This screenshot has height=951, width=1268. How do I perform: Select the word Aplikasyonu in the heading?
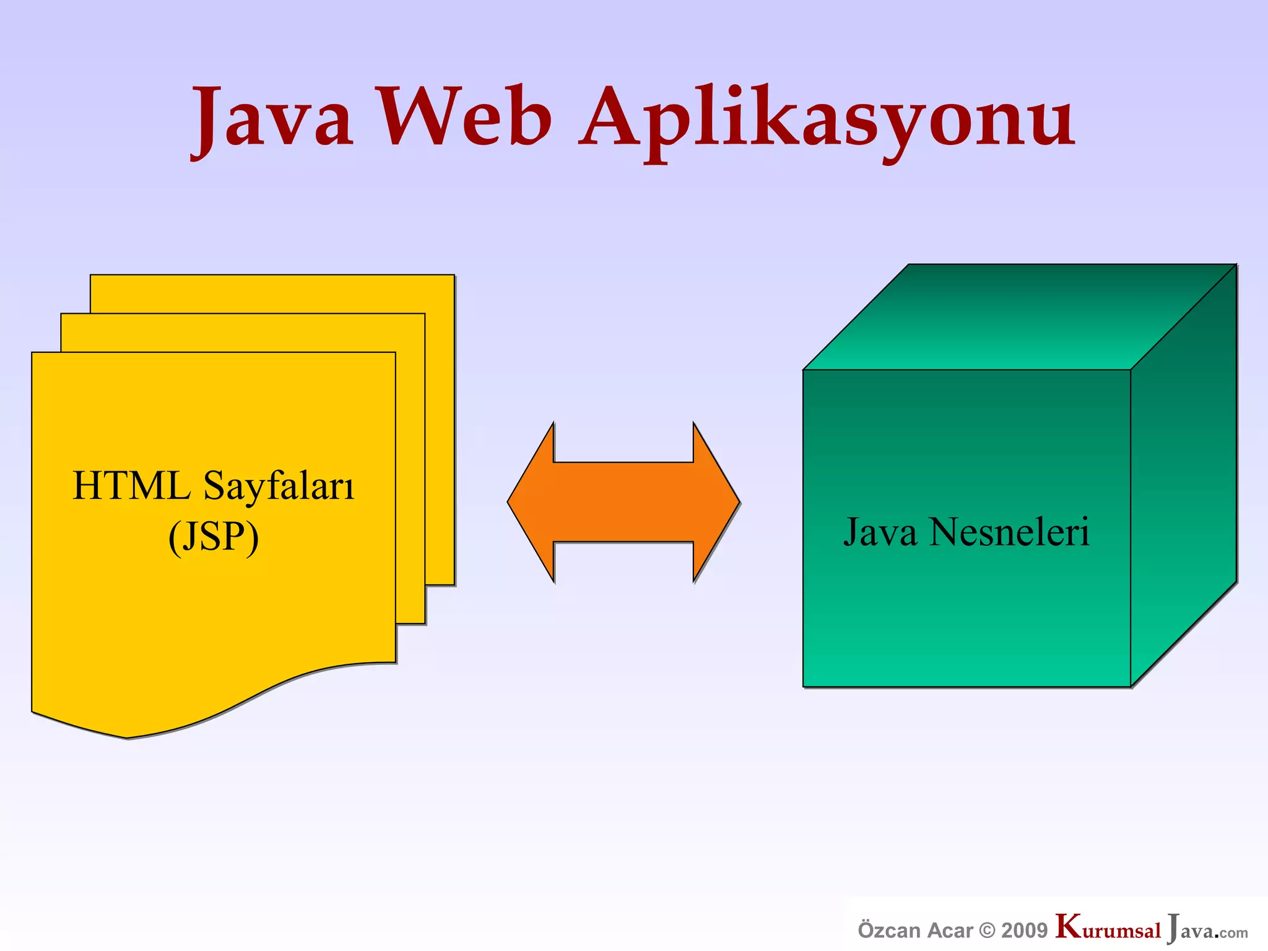coord(827,121)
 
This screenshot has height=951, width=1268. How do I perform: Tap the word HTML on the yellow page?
coord(131,486)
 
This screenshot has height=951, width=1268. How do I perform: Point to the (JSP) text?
coord(214,537)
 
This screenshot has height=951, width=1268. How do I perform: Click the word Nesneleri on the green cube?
coord(1009,532)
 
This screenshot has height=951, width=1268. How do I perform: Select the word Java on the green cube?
coord(880,532)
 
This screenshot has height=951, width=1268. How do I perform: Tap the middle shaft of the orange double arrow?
coord(623,502)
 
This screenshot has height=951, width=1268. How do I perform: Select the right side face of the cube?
coord(1183,477)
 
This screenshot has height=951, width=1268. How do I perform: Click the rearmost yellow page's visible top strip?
coord(272,294)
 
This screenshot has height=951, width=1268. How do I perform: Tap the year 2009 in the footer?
coord(1024,931)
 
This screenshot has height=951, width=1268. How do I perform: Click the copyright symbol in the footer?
coord(988,931)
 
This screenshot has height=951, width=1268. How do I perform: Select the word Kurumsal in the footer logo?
coord(1108,929)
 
